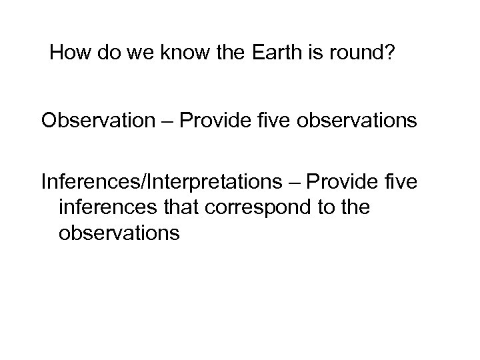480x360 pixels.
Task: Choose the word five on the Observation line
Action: pyautogui.click(x=279, y=121)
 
